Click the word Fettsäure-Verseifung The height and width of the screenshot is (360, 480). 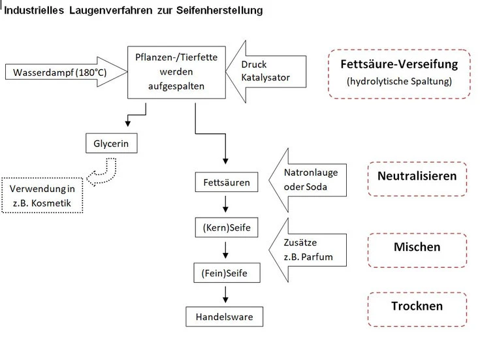pos(399,64)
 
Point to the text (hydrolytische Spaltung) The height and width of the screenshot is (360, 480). pos(399,81)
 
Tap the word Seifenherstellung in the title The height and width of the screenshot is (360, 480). pos(219,10)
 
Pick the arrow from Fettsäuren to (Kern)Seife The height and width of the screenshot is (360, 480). pos(225,204)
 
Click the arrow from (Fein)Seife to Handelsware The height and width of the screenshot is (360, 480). pos(225,295)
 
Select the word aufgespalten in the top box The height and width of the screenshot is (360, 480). pos(176,86)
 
